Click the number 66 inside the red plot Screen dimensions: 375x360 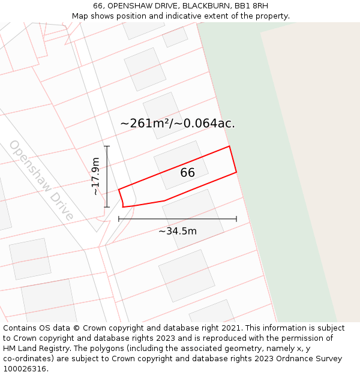[187, 173]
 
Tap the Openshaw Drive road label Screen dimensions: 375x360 [41, 181]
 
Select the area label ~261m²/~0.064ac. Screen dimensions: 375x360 [178, 124]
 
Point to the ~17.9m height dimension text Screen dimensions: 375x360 [95, 176]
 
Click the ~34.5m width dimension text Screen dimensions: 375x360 [178, 231]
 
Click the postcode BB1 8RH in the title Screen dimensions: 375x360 [251, 6]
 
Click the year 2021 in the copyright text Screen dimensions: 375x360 [229, 328]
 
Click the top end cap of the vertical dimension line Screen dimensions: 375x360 [107, 146]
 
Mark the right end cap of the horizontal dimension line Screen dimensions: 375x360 [236, 219]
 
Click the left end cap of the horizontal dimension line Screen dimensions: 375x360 [119, 219]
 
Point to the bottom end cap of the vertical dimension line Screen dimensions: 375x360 [107, 207]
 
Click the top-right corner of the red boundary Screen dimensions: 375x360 [229, 146]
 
